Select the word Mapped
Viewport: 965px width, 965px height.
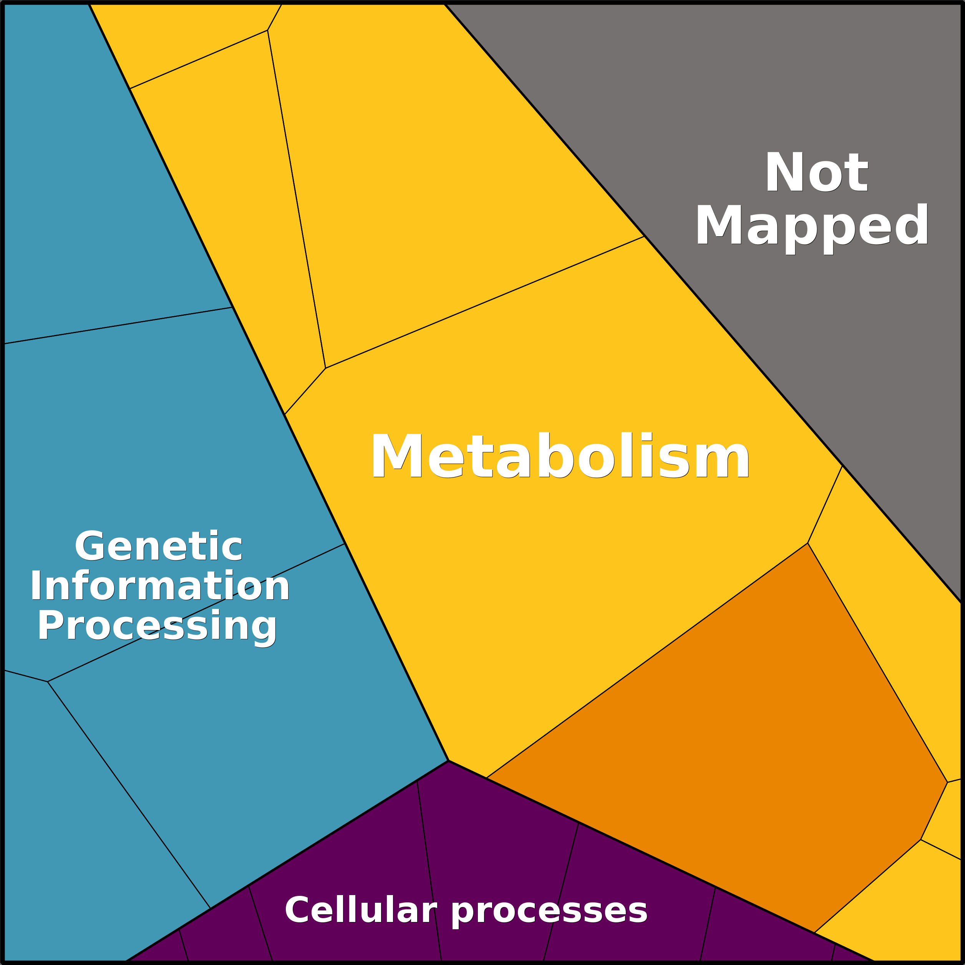point(812,227)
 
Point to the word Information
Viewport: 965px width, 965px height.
point(160,586)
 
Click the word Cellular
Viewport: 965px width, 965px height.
point(361,910)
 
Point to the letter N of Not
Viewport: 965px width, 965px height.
point(784,171)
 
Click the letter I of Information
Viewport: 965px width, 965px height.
point(35,585)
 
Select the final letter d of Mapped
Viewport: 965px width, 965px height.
point(910,224)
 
